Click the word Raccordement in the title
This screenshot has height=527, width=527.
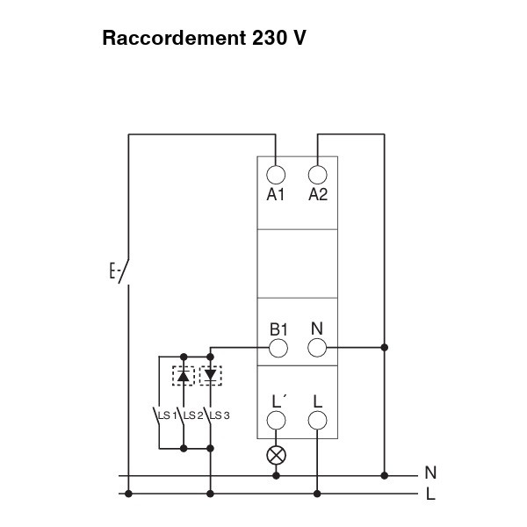tap(174, 38)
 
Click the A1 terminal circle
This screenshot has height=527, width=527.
tap(276, 175)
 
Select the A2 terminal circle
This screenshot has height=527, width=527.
tap(318, 175)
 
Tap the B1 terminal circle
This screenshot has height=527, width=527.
tap(278, 348)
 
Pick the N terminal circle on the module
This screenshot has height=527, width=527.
tap(317, 348)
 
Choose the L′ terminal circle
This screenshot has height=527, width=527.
tap(277, 420)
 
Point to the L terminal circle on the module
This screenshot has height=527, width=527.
tap(318, 420)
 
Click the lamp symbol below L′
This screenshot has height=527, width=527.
tap(277, 456)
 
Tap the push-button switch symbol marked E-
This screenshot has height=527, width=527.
tap(120, 271)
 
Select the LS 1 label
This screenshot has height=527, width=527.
tap(168, 415)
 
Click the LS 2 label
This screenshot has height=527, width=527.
tap(193, 415)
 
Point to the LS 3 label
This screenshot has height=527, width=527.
tap(220, 415)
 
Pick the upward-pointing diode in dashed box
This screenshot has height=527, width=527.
tap(184, 376)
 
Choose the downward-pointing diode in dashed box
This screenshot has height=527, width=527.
tap(211, 376)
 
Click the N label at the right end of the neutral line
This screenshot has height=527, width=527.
tap(430, 473)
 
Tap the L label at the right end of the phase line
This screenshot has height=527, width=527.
tap(430, 495)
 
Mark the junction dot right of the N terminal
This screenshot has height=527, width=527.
tap(385, 348)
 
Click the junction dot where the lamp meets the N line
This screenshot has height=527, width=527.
tap(277, 475)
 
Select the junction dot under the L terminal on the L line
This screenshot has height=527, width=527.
tap(317, 494)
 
